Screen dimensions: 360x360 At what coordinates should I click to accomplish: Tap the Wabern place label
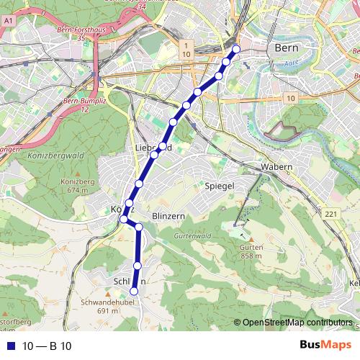pos(276,167)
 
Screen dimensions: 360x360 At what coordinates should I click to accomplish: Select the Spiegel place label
pos(220,186)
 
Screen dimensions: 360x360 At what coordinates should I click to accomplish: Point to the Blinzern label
pos(170,215)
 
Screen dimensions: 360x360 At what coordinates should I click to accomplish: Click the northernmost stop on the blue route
pos(235,49)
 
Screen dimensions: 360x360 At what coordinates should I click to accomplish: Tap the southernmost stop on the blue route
pos(133,291)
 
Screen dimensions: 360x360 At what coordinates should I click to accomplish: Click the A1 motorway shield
pos(8,23)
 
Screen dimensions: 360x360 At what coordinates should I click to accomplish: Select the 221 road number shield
pos(330,215)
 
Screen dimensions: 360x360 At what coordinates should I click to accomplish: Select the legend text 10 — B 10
pos(47,346)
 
